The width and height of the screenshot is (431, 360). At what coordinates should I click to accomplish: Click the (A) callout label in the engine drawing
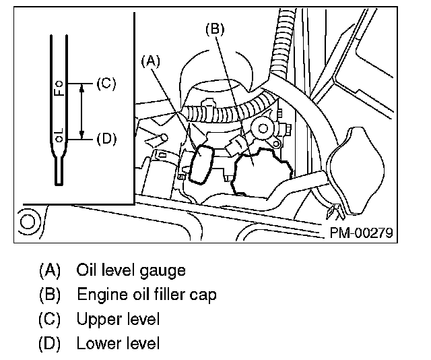pyautogui.click(x=151, y=60)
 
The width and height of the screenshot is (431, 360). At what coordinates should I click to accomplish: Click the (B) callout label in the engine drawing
pyautogui.click(x=214, y=30)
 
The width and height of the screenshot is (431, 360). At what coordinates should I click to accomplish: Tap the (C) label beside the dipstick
pyautogui.click(x=106, y=84)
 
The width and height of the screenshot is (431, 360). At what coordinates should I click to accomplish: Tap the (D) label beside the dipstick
pyautogui.click(x=106, y=139)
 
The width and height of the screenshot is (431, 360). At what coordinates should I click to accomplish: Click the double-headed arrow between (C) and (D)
pyautogui.click(x=81, y=111)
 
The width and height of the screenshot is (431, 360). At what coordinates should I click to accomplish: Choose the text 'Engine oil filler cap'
pyautogui.click(x=146, y=295)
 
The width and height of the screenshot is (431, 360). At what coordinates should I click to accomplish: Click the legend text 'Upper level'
pyautogui.click(x=119, y=319)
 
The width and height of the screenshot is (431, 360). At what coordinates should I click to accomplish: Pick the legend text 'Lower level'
pyautogui.click(x=119, y=343)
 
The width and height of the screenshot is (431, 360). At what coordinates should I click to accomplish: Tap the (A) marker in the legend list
pyautogui.click(x=50, y=271)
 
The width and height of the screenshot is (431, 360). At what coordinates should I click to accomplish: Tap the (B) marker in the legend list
pyautogui.click(x=50, y=295)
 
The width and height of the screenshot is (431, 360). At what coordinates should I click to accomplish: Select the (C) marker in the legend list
pyautogui.click(x=50, y=319)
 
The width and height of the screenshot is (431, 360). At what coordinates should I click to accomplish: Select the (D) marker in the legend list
pyautogui.click(x=50, y=343)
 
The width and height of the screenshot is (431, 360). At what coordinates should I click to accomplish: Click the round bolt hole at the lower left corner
pyautogui.click(x=28, y=220)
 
